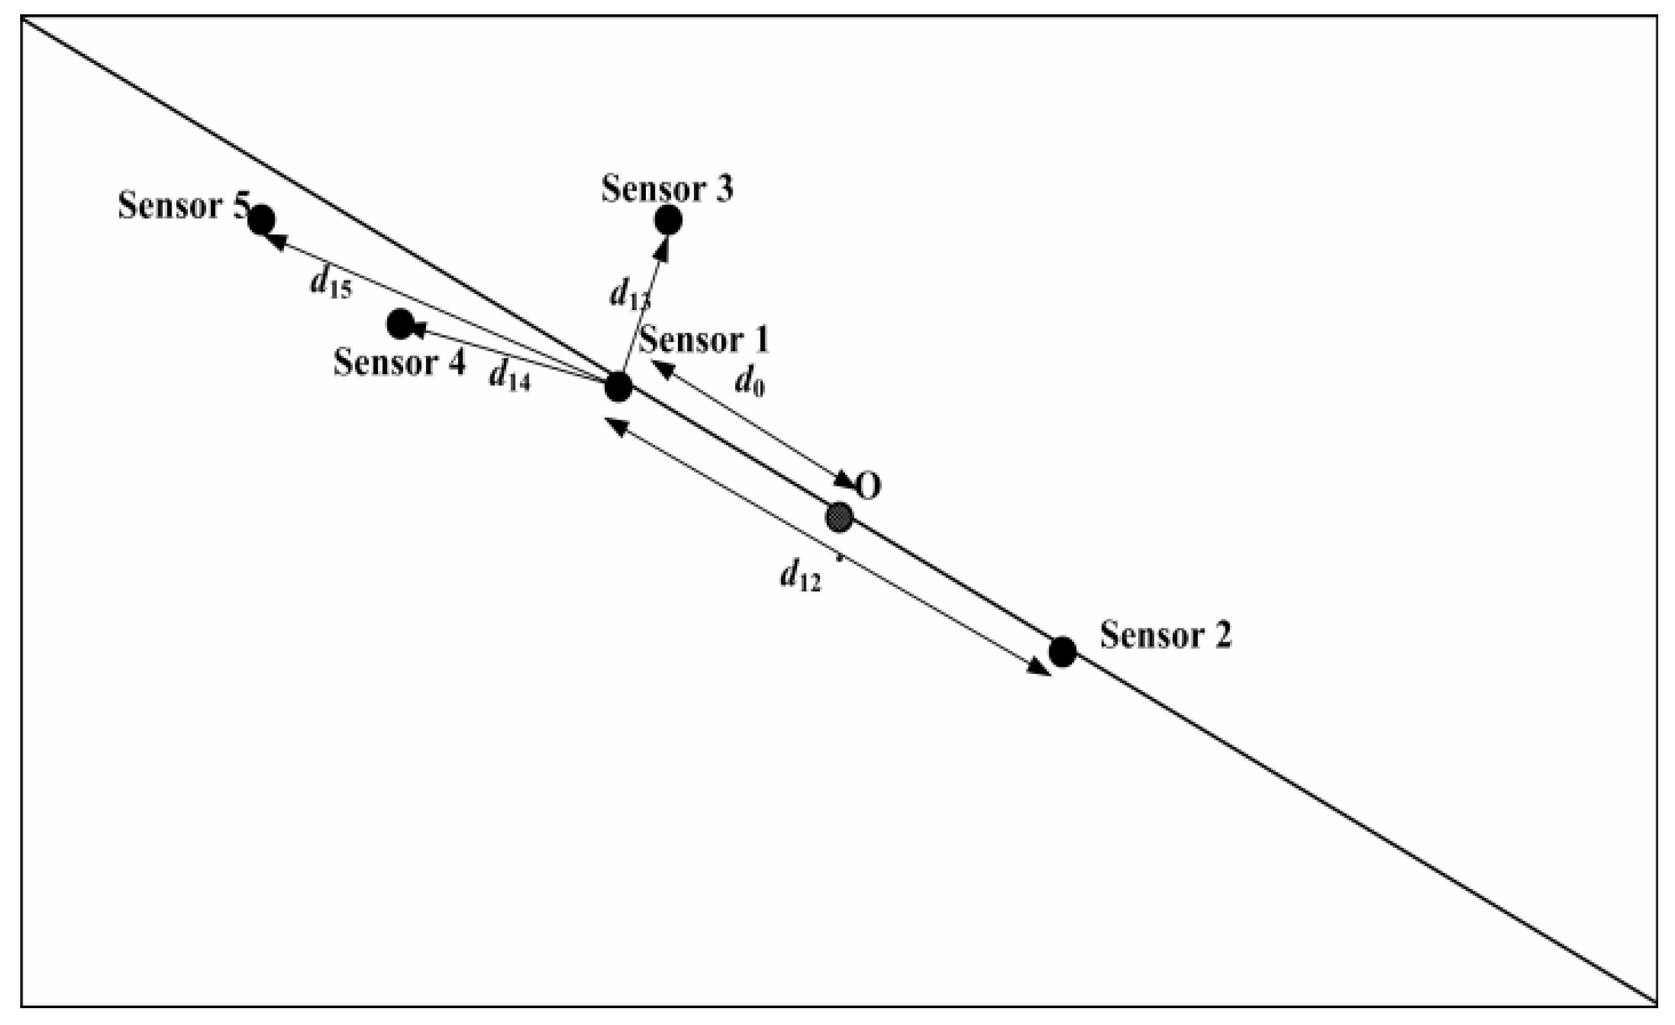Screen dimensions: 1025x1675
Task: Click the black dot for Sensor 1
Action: coord(618,387)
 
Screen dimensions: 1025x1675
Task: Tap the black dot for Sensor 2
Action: coord(1063,651)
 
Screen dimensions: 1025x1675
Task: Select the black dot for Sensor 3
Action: coord(668,220)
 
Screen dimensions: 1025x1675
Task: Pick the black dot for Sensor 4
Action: coord(401,323)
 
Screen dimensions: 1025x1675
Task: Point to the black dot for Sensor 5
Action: coord(262,219)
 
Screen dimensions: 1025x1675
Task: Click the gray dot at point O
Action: coord(839,517)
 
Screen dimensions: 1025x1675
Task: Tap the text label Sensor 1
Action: coord(704,340)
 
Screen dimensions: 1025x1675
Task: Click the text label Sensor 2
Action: coord(1165,635)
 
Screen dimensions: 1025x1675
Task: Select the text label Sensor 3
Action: coord(667,189)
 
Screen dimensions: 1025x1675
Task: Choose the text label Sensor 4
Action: coord(399,363)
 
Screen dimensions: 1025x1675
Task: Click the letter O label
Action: coord(869,486)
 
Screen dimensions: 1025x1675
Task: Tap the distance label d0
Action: coord(749,383)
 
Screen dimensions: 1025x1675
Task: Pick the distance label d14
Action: coord(509,376)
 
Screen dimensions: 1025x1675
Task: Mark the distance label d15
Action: coord(330,284)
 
